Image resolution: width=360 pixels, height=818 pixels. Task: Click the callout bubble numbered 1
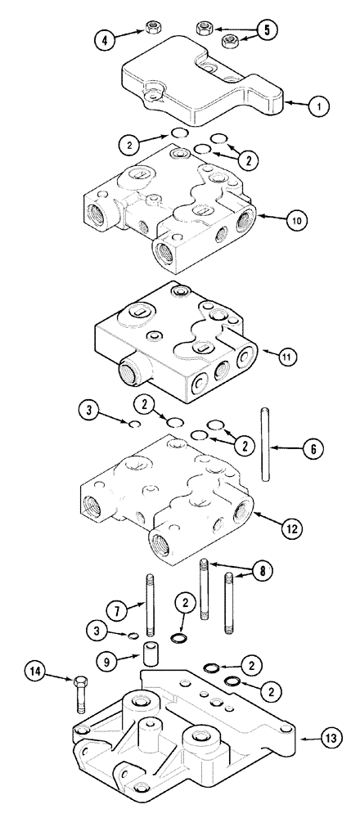[321, 106]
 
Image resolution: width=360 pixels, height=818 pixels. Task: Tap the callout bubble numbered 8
[263, 571]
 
